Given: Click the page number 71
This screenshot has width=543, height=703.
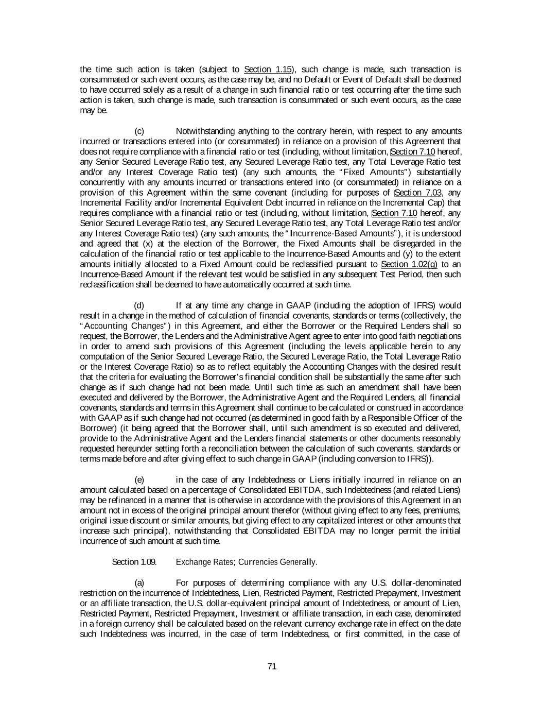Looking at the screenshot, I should pyautogui.click(x=272, y=666).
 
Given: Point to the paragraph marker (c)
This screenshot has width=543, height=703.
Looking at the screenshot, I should pyautogui.click(x=139, y=131).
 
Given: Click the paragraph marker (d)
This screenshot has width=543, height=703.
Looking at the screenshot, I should pyautogui.click(x=139, y=305).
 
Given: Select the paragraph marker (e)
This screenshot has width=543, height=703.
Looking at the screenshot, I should pyautogui.click(x=139, y=480).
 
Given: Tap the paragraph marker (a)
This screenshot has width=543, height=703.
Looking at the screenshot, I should pyautogui.click(x=139, y=582).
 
